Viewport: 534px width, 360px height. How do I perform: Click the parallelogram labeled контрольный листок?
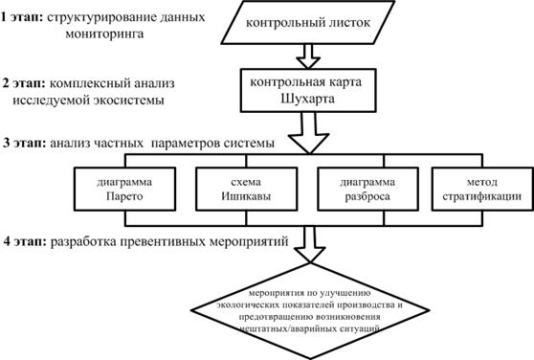[308, 22]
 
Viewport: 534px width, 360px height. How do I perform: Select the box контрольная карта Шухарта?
[308, 90]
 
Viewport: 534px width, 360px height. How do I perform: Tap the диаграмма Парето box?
[124, 189]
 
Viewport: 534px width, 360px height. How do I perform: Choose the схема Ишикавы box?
[247, 189]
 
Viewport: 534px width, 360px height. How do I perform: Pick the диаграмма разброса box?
[367, 189]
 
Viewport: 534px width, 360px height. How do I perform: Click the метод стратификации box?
[482, 189]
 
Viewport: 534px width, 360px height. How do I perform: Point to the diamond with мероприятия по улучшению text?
[310, 310]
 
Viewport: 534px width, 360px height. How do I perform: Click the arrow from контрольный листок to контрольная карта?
[308, 56]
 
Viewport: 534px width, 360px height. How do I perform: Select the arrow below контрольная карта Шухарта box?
[308, 133]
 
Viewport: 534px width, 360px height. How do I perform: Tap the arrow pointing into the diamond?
[310, 244]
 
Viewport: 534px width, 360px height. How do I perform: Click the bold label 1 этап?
[22, 17]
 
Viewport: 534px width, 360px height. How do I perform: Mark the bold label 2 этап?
[24, 83]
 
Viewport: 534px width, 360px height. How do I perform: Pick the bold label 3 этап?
[25, 143]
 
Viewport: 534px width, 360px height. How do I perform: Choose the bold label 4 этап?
[25, 241]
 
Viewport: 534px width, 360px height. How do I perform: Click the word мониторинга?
[104, 34]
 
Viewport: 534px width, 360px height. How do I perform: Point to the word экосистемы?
[128, 101]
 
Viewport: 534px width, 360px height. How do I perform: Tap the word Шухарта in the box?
[307, 99]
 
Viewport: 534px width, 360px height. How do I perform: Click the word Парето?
[124, 196]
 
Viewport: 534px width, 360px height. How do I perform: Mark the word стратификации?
[482, 196]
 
